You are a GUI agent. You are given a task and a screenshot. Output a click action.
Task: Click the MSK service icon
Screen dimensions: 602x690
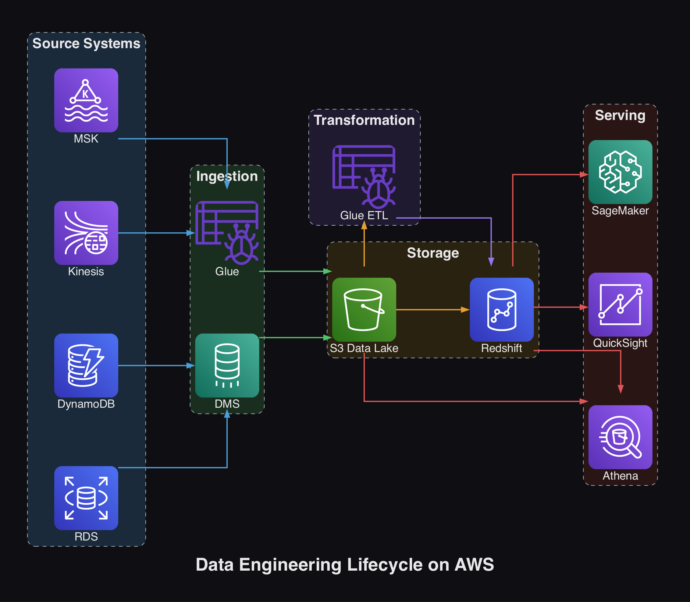[86, 100]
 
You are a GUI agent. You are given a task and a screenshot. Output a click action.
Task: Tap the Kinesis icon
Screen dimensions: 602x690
[86, 233]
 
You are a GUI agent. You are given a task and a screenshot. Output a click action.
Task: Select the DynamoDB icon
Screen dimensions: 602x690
[86, 365]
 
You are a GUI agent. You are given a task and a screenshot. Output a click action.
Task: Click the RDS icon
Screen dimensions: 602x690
[86, 498]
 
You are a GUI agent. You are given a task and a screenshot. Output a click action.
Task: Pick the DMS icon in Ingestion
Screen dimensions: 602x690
[227, 365]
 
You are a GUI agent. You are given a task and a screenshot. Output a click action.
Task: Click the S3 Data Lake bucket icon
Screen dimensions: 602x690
[364, 309]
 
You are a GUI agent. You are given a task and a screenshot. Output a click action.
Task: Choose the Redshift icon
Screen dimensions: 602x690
[501, 309]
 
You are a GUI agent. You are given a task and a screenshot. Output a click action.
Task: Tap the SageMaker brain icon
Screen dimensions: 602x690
[620, 172]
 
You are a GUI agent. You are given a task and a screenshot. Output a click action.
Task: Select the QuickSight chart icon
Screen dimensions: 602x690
[620, 305]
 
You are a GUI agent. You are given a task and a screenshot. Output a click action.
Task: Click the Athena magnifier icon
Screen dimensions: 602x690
[620, 437]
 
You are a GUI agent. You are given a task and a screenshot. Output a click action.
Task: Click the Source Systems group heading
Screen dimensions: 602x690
[86, 43]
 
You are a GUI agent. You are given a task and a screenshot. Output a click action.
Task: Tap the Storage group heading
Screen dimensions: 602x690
[433, 253]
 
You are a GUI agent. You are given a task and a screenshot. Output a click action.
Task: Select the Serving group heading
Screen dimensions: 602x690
[620, 115]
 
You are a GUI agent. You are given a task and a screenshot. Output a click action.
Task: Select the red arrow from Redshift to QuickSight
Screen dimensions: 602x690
[560, 307]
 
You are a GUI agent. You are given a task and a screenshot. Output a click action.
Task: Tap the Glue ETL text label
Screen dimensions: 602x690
[364, 215]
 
